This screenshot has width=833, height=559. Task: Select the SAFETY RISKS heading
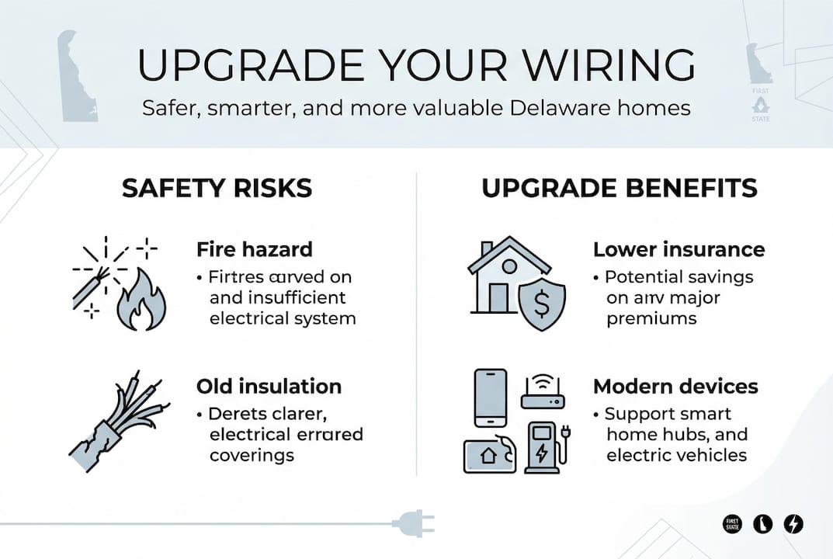click(217, 188)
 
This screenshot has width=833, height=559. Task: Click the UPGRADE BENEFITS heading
click(620, 188)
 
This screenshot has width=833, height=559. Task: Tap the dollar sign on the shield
click(541, 303)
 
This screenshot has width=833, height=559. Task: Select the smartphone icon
click(490, 397)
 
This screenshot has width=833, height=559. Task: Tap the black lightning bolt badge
click(793, 523)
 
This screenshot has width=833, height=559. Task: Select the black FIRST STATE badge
click(732, 523)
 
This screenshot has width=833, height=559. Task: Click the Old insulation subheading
click(269, 386)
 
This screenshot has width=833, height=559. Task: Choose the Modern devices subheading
click(675, 386)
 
